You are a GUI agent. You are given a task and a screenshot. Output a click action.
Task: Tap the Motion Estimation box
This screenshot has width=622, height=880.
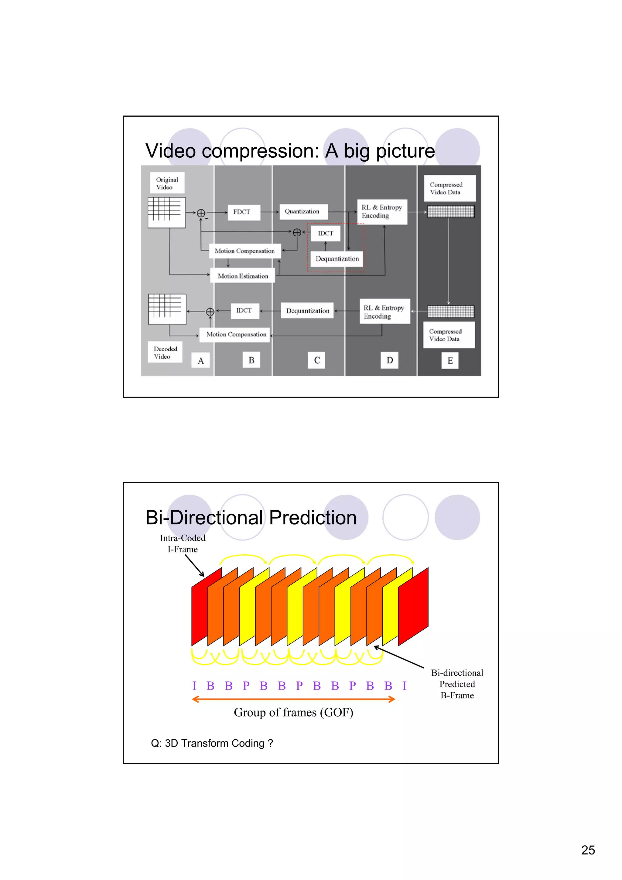tap(243, 276)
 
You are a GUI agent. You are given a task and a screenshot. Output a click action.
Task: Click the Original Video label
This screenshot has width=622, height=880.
tap(167, 183)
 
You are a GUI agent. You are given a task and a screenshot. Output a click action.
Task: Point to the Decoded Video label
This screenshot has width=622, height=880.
tap(165, 352)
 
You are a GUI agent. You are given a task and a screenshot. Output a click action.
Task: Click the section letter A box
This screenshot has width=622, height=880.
tap(200, 361)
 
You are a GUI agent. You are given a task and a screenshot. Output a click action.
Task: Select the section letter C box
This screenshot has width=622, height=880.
tap(316, 360)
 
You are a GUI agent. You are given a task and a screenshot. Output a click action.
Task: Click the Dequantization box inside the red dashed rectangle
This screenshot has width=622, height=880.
tap(337, 259)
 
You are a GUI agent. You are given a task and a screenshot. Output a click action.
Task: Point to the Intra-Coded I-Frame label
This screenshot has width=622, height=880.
tap(183, 543)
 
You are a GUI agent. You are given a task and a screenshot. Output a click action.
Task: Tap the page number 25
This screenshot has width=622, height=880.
tap(588, 850)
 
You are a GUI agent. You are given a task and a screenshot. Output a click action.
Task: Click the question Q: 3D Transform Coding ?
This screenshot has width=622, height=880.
tap(212, 743)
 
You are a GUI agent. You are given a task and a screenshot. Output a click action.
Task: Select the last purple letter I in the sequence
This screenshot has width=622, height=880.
tap(404, 686)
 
